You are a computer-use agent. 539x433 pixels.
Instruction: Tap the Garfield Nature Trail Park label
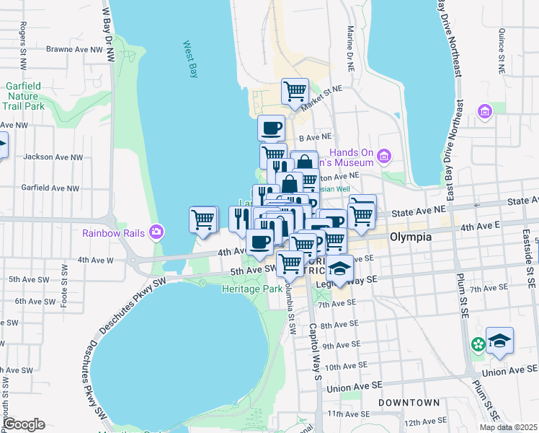pos(24,96)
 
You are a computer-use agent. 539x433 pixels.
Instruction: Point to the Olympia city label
pos(410,237)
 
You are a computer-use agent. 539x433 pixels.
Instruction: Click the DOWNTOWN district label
pos(411,402)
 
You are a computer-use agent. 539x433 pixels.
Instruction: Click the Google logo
pos(23,424)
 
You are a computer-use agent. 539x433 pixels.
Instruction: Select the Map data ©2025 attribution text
pos(508,427)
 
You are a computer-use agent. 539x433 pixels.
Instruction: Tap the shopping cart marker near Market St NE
pos(295,92)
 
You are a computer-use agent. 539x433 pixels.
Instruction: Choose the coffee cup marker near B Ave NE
pos(271,128)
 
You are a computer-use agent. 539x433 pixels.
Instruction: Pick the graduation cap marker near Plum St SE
pos(499,340)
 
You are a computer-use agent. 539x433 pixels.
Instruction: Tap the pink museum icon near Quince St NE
pos(484,112)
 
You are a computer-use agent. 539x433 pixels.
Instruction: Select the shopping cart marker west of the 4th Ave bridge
pos(203,219)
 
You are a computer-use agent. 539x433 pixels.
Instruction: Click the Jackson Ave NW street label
pos(53,157)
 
